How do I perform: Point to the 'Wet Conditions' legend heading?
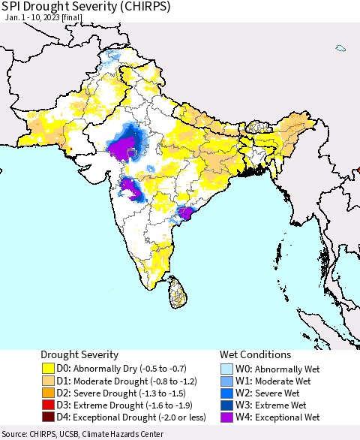tap(256, 354)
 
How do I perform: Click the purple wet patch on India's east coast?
tap(184, 212)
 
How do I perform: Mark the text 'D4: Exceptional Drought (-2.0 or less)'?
tap(132, 417)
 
